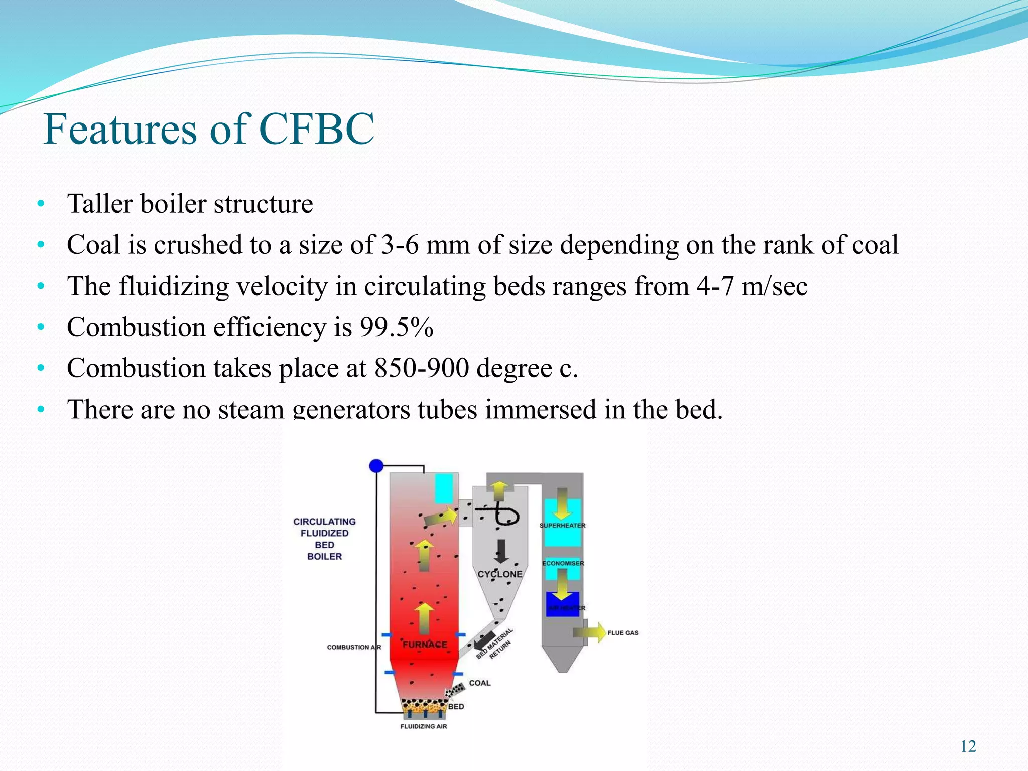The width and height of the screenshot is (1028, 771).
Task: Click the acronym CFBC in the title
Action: click(x=317, y=128)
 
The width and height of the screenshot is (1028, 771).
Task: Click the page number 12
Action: click(x=968, y=746)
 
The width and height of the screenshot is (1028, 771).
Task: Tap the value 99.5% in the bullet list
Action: click(x=396, y=327)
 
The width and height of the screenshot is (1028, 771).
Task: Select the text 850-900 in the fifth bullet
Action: click(x=421, y=368)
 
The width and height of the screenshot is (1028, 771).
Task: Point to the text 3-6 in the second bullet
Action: click(x=400, y=245)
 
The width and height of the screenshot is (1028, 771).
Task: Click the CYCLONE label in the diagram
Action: click(x=499, y=574)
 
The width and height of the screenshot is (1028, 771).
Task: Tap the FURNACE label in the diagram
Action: click(x=425, y=644)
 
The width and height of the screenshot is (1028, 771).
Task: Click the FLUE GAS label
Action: click(x=623, y=633)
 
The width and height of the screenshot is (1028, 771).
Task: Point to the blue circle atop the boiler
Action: click(x=376, y=466)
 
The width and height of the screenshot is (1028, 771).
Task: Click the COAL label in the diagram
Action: click(x=479, y=683)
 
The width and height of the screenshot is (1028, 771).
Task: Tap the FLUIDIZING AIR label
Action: click(x=423, y=726)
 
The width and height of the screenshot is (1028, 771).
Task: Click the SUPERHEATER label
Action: click(x=562, y=526)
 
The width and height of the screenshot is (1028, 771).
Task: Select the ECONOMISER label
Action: click(x=563, y=563)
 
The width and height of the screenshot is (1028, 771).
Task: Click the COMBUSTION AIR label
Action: click(x=354, y=647)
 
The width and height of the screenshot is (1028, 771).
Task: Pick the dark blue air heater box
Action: click(x=562, y=604)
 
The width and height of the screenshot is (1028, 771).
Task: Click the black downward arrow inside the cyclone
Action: click(x=500, y=551)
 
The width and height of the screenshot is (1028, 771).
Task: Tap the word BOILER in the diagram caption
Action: click(x=324, y=556)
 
